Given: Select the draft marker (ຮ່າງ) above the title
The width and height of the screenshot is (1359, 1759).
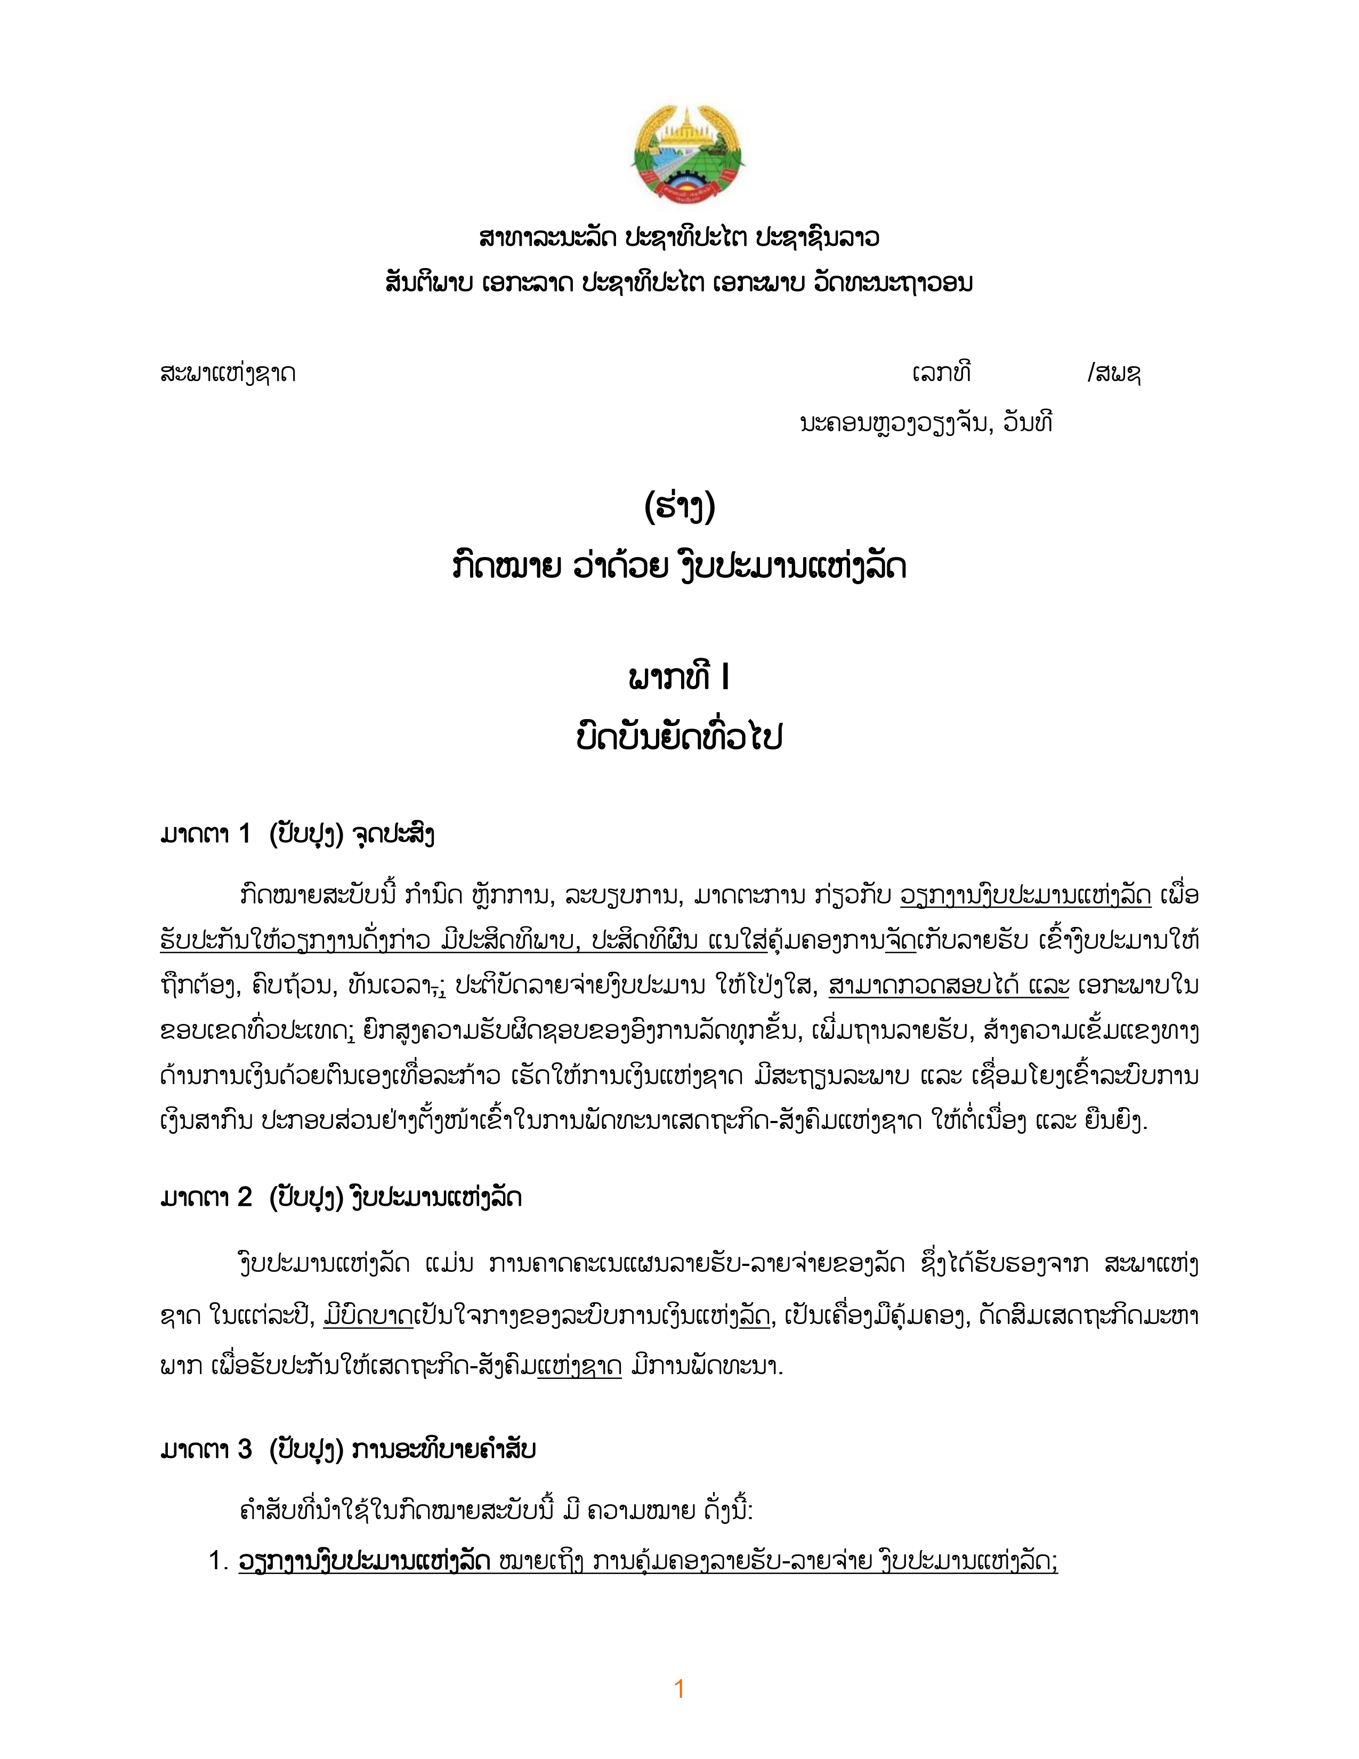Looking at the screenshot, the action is (x=679, y=506).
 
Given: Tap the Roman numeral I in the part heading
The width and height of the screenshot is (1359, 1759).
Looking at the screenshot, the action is (x=726, y=679).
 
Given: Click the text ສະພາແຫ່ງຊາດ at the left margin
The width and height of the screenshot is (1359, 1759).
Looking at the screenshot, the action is (x=228, y=374).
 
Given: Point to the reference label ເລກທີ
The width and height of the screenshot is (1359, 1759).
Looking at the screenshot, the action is (x=941, y=373).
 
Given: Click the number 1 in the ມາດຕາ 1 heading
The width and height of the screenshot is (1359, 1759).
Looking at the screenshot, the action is (x=245, y=834).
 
